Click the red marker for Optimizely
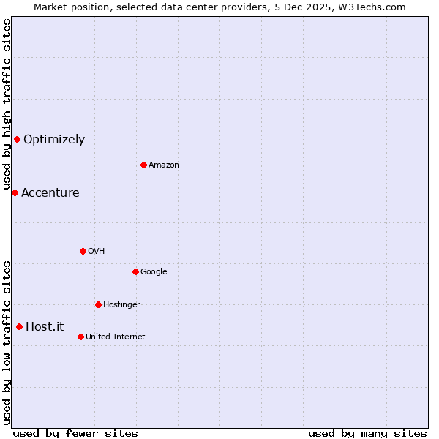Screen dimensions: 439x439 point(17,139)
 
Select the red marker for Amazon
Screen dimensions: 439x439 point(143,165)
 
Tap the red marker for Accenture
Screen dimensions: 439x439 point(15,192)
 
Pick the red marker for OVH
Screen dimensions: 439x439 point(83,251)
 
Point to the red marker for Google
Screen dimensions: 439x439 point(135,271)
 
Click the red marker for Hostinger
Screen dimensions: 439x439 point(98,304)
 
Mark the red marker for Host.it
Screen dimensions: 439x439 point(19,326)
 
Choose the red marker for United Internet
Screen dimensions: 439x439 point(80,337)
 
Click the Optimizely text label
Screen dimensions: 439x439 point(54,140)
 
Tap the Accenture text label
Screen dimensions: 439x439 point(50,193)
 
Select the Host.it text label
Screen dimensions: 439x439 point(45,327)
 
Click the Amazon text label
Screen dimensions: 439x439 point(164,165)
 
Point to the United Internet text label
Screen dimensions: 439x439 point(116,337)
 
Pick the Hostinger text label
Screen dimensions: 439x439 point(121,305)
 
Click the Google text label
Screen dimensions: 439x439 point(154,272)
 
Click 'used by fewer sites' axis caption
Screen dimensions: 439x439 point(75,433)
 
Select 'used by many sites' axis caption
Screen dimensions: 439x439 point(367,433)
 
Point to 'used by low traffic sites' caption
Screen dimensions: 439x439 point(7,342)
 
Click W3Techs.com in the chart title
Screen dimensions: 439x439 point(374,7)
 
